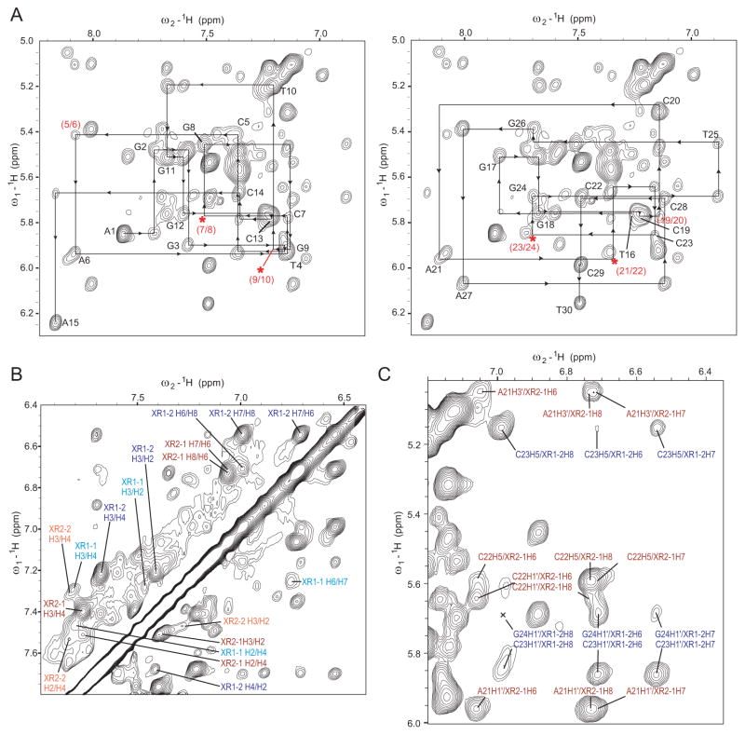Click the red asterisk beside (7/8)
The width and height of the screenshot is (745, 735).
(202, 219)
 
